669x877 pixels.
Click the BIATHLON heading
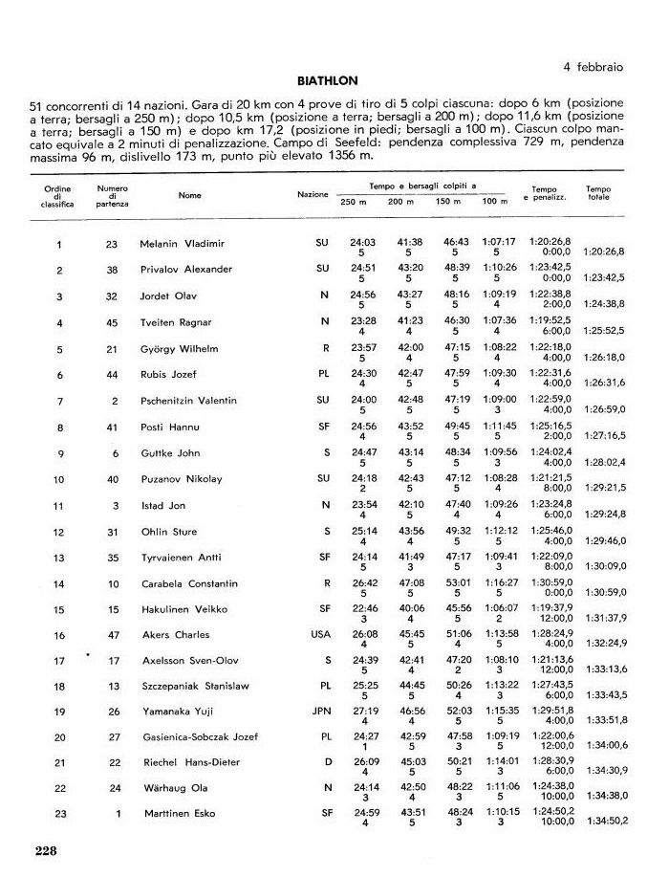(327, 81)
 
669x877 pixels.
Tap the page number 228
(47, 850)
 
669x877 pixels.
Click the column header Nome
(189, 195)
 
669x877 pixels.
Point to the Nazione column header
(313, 195)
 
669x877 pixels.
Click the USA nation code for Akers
(321, 634)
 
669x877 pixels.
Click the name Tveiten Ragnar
(176, 322)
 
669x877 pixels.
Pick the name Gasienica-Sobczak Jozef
(199, 737)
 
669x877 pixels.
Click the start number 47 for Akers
(113, 634)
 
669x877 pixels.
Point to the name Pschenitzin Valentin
(188, 401)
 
